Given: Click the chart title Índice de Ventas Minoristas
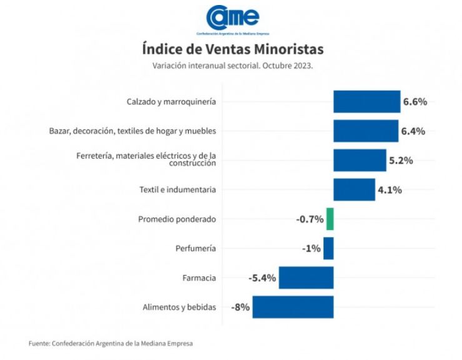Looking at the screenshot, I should (x=232, y=49).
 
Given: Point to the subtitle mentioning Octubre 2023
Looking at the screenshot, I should (x=232, y=66).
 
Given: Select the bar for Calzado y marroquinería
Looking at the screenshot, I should (x=366, y=102).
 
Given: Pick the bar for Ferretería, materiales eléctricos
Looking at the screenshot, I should (x=360, y=160).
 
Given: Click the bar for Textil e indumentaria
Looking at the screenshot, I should (x=354, y=190).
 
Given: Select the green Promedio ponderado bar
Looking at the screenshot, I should (x=330, y=219).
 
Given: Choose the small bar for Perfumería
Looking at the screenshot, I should (x=328, y=248).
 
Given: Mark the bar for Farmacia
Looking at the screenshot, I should (x=306, y=278).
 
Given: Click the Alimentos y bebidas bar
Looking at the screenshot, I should (x=293, y=307).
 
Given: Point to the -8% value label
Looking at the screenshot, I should (x=240, y=307).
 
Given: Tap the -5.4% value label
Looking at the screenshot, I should (x=262, y=278).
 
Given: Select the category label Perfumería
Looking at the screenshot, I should (x=196, y=248).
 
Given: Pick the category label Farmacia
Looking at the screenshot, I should (x=199, y=278).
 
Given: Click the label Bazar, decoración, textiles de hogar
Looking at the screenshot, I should (x=132, y=131).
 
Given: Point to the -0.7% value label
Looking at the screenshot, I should (x=310, y=219).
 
